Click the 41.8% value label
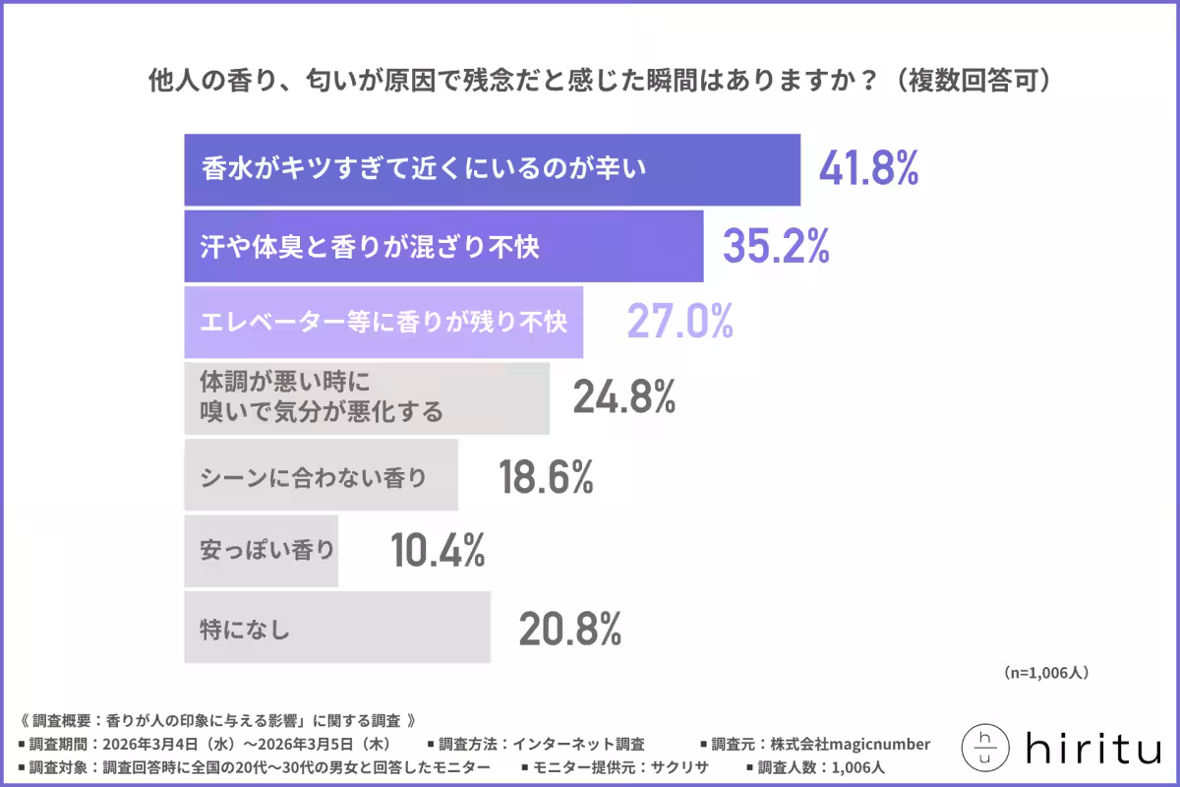click(x=868, y=170)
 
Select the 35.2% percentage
click(x=776, y=246)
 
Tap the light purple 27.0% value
click(x=679, y=322)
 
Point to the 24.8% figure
click(x=623, y=398)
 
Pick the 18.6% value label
click(x=546, y=477)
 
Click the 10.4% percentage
click(x=438, y=551)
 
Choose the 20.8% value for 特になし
click(x=570, y=628)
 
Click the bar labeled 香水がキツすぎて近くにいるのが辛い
click(x=492, y=169)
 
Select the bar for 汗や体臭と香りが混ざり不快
click(x=442, y=246)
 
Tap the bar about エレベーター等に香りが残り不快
click(x=383, y=322)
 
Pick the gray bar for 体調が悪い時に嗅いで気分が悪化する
click(x=366, y=398)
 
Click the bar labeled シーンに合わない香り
click(x=321, y=477)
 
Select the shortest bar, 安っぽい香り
click(x=261, y=551)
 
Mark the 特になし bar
click(x=336, y=628)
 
